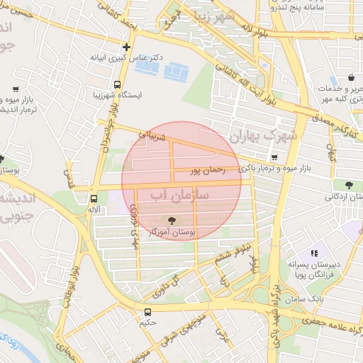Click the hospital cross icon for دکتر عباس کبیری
[127, 47]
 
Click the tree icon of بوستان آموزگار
[172, 220]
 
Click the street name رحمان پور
[207, 170]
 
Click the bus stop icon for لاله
[94, 199]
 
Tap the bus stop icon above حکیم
[147, 312]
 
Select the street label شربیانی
[152, 135]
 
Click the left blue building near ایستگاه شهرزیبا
[147, 67]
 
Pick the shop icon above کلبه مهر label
[352, 78]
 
